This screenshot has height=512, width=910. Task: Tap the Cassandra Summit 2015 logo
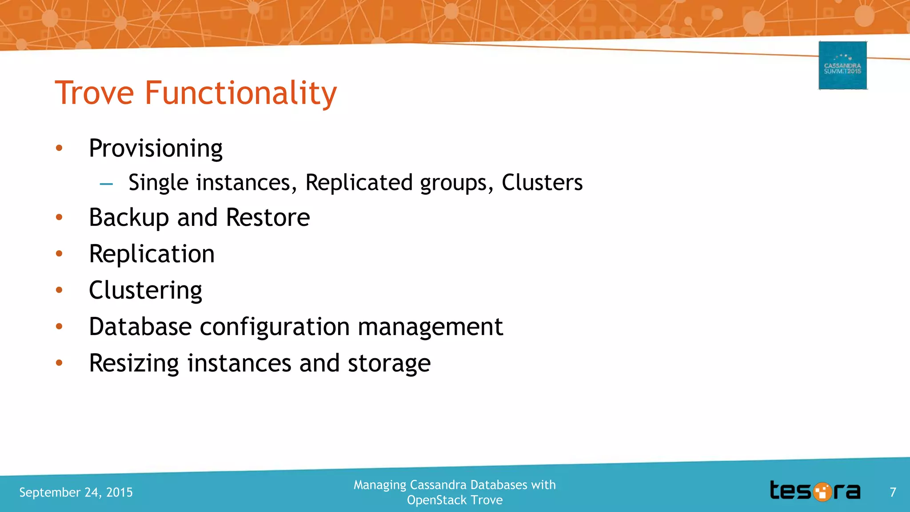point(842,65)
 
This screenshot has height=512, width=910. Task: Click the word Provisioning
point(156,148)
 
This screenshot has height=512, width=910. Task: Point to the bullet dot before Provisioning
point(59,148)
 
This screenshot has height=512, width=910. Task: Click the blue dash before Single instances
point(106,183)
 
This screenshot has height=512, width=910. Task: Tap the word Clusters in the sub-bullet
point(542,183)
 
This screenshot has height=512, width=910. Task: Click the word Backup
point(129,218)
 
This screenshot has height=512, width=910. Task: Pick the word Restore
point(267,217)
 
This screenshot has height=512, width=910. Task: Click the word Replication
point(152,254)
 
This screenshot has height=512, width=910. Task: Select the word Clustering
point(145,291)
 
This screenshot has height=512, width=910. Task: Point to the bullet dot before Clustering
point(59,290)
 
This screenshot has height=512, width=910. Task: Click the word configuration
point(275,327)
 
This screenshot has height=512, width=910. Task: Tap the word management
point(430,327)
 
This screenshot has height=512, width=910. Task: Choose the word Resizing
point(134,364)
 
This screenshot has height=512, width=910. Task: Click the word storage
point(389,364)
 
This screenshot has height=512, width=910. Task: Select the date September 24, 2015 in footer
point(76,492)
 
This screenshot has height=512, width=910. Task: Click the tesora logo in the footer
point(815,491)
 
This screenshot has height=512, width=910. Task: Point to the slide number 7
point(893,492)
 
